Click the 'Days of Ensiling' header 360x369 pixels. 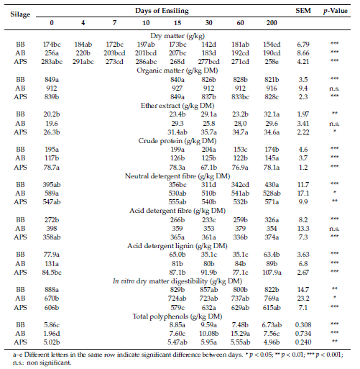(x=162, y=11)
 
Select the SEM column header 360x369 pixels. (x=303, y=11)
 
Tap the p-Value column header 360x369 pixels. (x=335, y=11)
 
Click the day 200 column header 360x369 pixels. (x=272, y=23)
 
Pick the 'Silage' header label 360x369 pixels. (x=20, y=14)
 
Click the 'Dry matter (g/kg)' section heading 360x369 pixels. (x=177, y=36)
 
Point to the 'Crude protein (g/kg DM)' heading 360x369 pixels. (x=177, y=141)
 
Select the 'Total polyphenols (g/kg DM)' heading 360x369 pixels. (x=177, y=316)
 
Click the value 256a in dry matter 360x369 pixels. (x=52, y=53)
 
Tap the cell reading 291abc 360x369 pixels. (x=83, y=62)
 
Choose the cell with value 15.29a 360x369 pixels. (x=240, y=334)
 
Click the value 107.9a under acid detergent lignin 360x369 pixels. (x=272, y=273)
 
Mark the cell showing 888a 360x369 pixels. (x=52, y=290)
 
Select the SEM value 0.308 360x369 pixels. (x=303, y=325)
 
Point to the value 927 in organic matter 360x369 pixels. (x=177, y=88)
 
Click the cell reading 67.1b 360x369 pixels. (x=208, y=168)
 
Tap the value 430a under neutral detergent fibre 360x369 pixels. (x=272, y=185)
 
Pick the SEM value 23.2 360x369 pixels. (x=303, y=299)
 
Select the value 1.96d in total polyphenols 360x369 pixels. (x=52, y=334)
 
